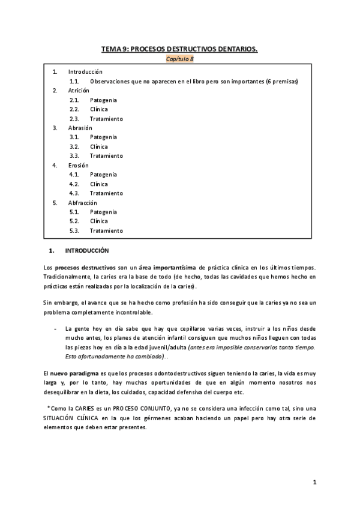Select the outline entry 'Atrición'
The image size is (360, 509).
(x=79, y=90)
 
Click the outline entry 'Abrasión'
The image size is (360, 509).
(x=80, y=127)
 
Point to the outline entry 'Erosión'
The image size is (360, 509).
(x=79, y=165)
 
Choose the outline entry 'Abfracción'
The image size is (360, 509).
(x=83, y=203)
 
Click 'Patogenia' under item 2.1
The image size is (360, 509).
(x=104, y=100)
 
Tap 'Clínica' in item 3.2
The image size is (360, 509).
(x=99, y=146)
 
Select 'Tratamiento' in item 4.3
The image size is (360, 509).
(x=106, y=193)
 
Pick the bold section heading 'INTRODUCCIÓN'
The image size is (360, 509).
(x=87, y=250)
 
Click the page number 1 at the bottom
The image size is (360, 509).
(x=314, y=483)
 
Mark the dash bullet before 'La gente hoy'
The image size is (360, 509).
(x=55, y=328)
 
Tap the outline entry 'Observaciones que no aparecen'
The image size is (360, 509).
(x=194, y=81)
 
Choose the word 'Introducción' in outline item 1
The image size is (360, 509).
(x=85, y=71)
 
